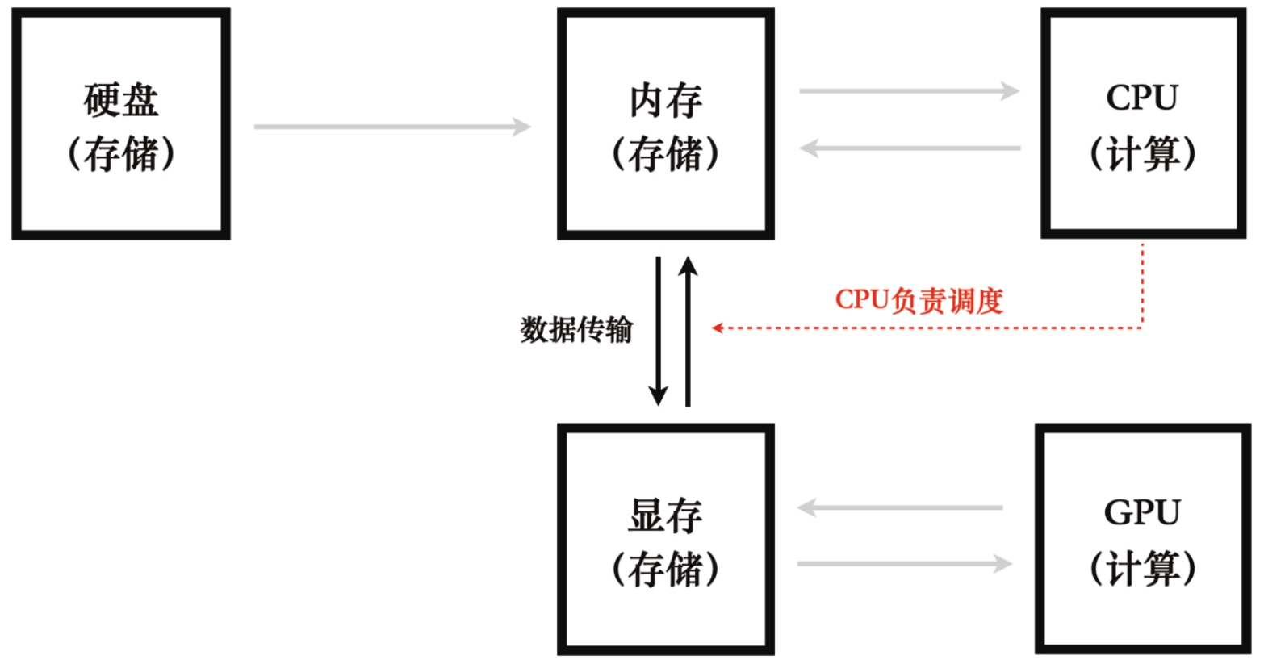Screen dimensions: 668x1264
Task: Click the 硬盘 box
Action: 121,124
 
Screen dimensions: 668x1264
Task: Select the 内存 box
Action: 665,124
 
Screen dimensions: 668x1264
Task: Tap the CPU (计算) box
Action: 1142,124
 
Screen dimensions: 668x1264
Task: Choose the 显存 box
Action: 665,539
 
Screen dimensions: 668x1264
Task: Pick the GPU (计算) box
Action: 1142,539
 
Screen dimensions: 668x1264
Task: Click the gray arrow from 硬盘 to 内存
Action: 392,127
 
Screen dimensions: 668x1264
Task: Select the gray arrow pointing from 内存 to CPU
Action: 909,91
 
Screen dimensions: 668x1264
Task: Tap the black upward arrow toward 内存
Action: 688,331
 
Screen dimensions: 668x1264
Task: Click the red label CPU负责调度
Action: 919,300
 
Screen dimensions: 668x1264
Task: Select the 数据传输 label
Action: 576,330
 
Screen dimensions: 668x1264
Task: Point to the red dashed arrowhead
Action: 717,328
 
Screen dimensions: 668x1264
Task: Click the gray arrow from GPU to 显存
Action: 899,508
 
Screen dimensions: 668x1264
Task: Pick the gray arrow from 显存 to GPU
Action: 904,564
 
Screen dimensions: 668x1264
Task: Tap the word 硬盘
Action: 121,100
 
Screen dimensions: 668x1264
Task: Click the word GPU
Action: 1141,513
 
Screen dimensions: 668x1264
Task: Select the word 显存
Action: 665,515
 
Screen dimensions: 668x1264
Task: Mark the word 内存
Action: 665,100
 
